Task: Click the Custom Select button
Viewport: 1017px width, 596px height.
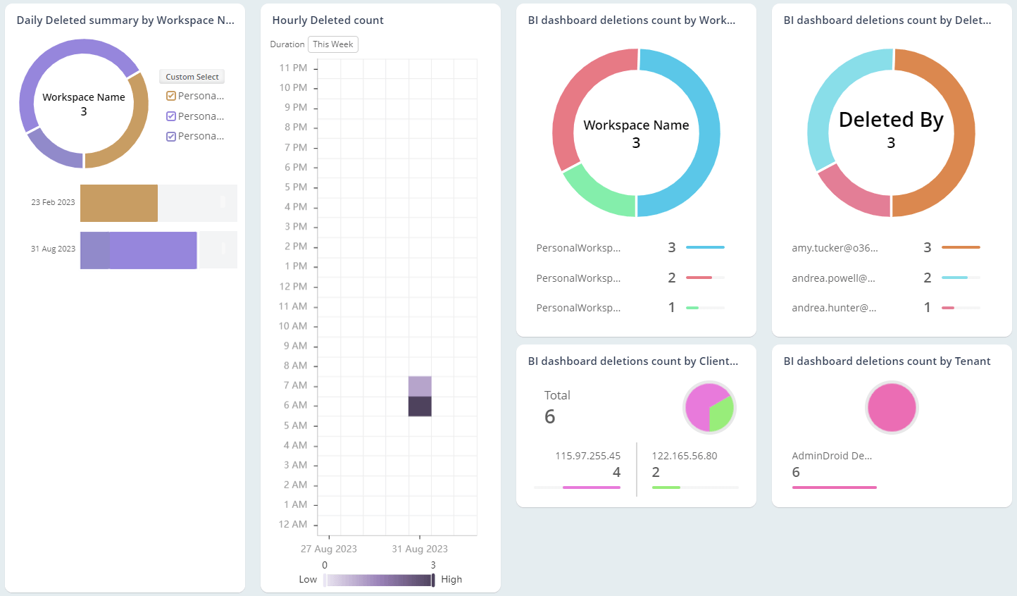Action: pos(192,77)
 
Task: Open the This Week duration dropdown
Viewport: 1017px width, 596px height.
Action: pos(332,44)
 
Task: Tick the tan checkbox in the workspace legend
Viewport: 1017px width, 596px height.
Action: pos(170,96)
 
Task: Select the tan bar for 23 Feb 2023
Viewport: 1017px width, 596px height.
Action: pos(118,203)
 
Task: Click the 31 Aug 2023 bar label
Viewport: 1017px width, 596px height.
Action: pos(53,249)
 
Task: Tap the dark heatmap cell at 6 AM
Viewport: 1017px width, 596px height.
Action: pos(420,406)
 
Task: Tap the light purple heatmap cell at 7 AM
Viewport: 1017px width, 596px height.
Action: pos(420,386)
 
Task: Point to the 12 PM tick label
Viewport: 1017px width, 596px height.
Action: pos(293,287)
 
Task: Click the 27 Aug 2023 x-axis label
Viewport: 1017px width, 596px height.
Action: pos(328,549)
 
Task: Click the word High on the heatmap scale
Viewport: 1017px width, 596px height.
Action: pos(451,579)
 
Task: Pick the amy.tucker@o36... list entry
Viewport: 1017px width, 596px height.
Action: pos(835,248)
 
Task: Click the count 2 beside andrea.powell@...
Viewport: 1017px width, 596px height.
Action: pos(927,278)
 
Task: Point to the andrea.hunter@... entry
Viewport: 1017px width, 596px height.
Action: pos(834,308)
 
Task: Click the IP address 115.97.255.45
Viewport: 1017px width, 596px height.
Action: pos(587,456)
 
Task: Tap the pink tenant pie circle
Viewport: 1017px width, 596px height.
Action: pos(892,408)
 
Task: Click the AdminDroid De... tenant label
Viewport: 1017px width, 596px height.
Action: pos(832,456)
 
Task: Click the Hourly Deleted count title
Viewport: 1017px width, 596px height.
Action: pos(327,20)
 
